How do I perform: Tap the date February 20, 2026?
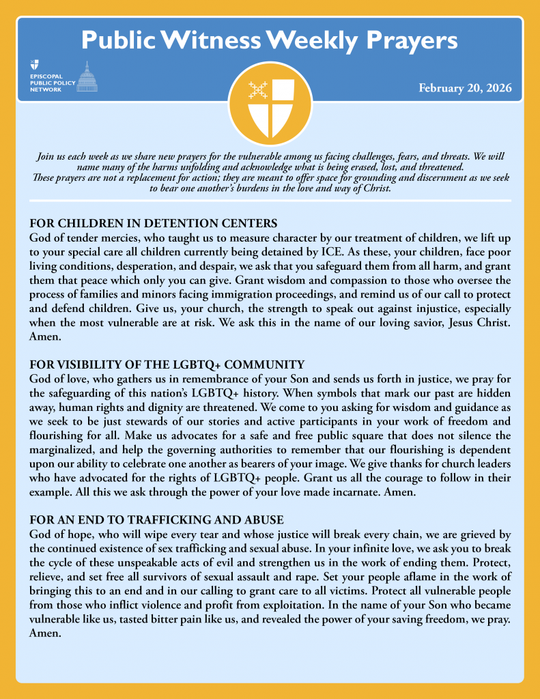click(465, 88)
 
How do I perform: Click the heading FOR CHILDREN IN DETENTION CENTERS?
click(154, 223)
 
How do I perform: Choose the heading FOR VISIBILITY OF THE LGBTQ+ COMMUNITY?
click(167, 365)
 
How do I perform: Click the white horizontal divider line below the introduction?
click(270, 201)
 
